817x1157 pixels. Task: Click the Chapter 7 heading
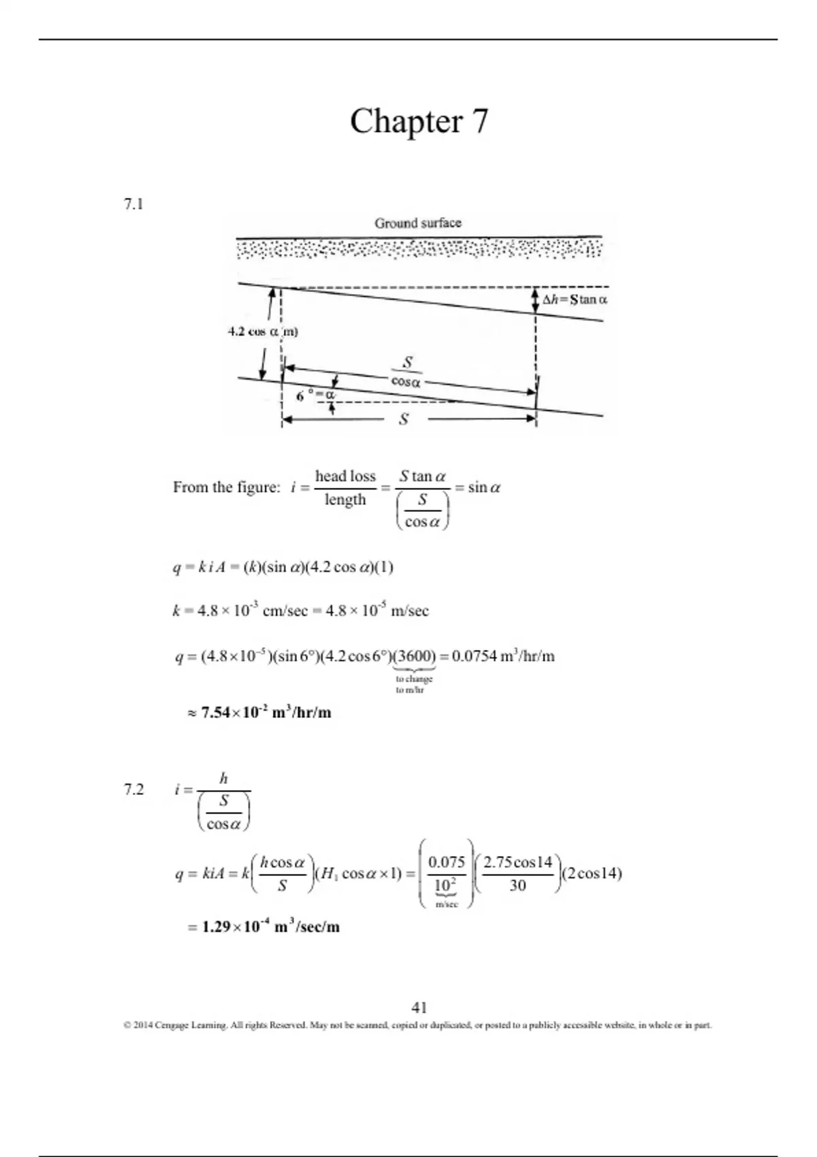click(x=419, y=122)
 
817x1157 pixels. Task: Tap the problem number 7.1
click(x=133, y=204)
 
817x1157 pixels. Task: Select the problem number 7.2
click(x=133, y=789)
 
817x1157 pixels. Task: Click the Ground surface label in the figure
click(x=417, y=223)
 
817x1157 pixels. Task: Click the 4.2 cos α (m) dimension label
click(x=263, y=332)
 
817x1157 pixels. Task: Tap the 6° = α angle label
click(x=316, y=395)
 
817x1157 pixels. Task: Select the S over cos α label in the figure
click(x=406, y=372)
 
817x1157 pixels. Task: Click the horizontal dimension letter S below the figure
click(x=404, y=419)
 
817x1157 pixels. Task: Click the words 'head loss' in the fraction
click(x=345, y=476)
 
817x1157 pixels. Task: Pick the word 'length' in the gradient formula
click(x=345, y=500)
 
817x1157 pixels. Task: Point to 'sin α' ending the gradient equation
click(x=483, y=487)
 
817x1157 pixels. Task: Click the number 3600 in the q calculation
click(x=415, y=657)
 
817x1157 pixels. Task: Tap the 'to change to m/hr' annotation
click(x=413, y=684)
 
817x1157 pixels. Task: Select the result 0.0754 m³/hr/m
click(x=503, y=657)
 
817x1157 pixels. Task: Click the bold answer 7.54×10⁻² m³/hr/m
click(x=266, y=713)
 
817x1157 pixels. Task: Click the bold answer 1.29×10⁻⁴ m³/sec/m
click(x=270, y=927)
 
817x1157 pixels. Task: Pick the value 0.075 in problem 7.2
click(x=447, y=862)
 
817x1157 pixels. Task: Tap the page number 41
click(x=419, y=1007)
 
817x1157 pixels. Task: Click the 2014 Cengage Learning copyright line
click(x=417, y=1025)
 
